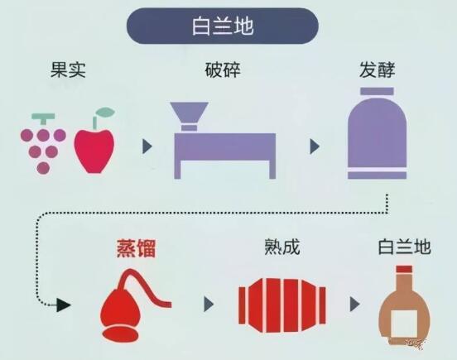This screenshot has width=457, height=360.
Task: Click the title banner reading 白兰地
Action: click(x=223, y=26)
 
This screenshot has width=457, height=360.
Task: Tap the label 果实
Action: click(x=68, y=70)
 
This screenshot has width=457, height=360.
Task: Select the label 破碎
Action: click(x=223, y=70)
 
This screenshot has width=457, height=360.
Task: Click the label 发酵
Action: click(x=377, y=70)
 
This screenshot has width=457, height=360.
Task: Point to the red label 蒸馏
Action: click(x=136, y=248)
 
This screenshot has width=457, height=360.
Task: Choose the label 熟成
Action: click(x=282, y=247)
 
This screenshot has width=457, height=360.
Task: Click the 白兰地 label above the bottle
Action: click(x=404, y=247)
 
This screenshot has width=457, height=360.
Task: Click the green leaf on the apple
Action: click(x=105, y=112)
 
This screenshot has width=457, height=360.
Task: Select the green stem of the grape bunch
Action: click(x=43, y=118)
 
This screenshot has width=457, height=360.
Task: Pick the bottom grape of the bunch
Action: click(x=43, y=168)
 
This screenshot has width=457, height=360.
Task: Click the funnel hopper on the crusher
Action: click(x=189, y=113)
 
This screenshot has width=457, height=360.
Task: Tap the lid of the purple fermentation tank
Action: click(x=377, y=92)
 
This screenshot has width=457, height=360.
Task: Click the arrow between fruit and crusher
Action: click(x=147, y=146)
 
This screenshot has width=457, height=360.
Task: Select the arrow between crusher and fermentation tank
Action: click(x=315, y=146)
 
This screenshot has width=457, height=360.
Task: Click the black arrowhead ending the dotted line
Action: click(x=63, y=305)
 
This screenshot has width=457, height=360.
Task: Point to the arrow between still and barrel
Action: click(x=209, y=304)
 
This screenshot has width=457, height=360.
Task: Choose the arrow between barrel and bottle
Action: click(x=354, y=304)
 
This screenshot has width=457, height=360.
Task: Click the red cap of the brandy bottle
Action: click(x=404, y=269)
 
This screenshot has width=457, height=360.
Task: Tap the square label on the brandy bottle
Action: click(x=404, y=324)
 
